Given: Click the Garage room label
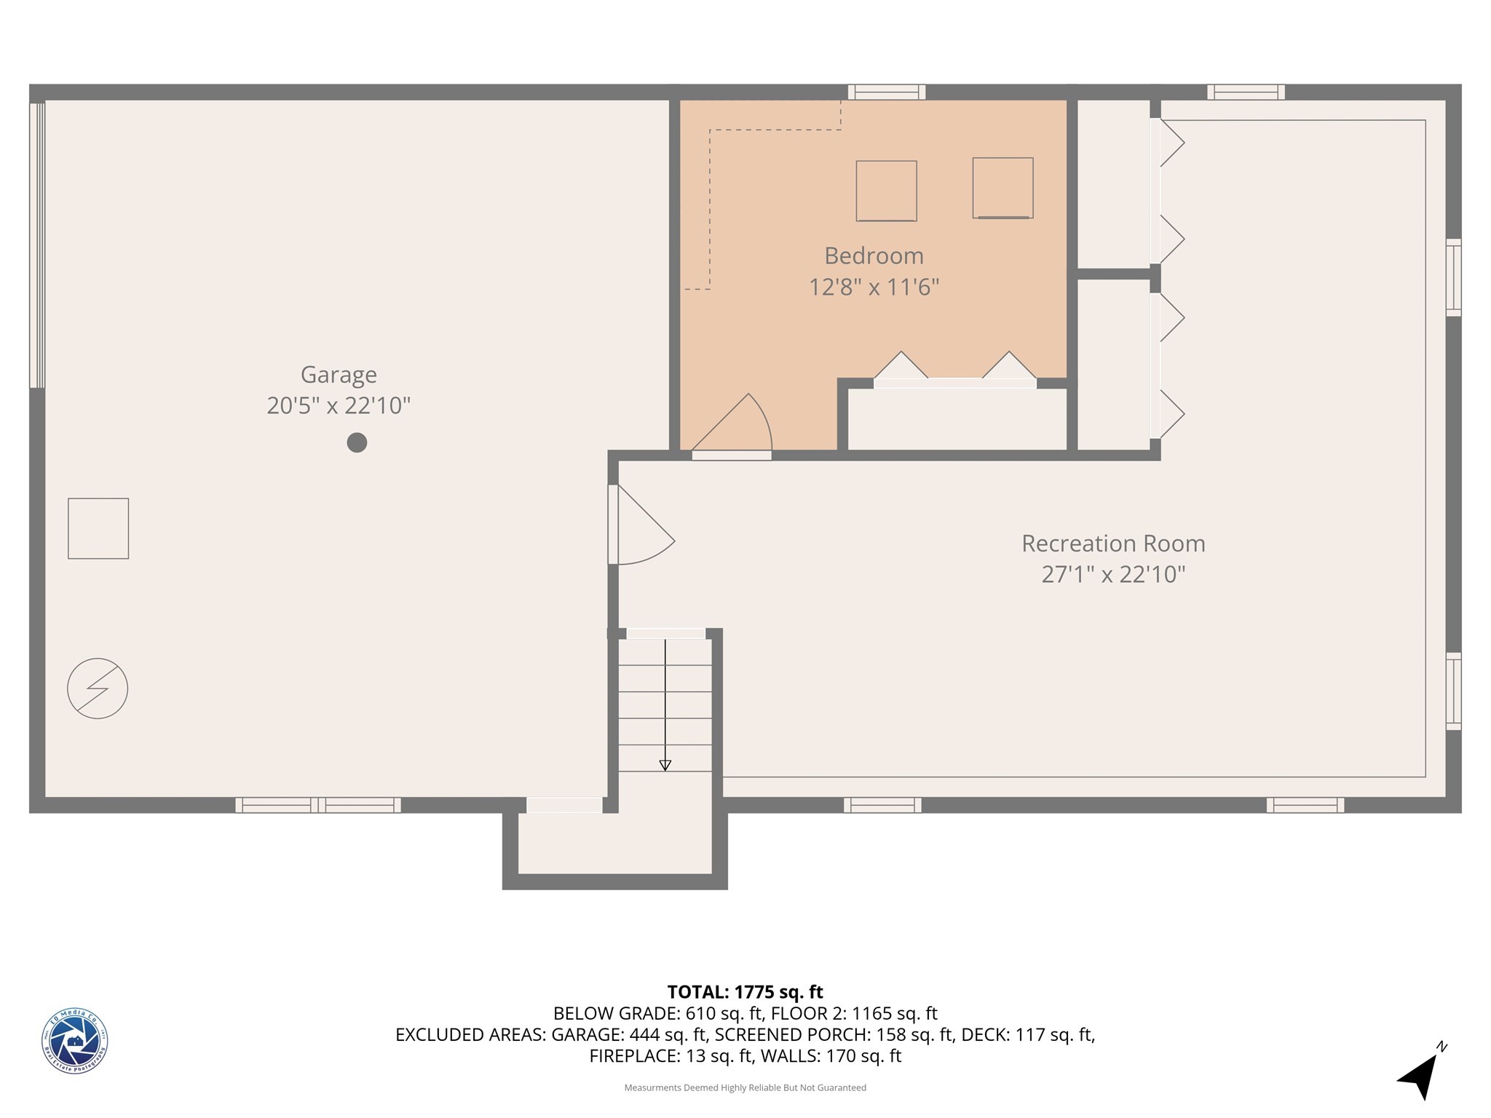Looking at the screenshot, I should pos(339,374).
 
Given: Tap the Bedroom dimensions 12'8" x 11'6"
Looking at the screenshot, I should pos(874,287).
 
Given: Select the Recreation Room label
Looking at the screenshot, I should pos(1112,543).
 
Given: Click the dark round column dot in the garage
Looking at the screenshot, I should pos(357,442).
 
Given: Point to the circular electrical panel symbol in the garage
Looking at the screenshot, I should pos(98,689).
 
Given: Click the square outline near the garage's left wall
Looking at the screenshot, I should pos(98,528).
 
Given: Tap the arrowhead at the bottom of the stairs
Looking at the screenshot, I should pos(665,765).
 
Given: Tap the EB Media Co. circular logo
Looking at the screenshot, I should pos(74,1041).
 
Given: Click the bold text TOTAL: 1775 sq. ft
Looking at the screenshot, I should pos(745,992).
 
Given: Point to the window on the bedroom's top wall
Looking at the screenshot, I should pos(886,92).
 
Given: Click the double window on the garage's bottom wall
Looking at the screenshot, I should pos(317,805).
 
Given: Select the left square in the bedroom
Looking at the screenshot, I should pos(886,191).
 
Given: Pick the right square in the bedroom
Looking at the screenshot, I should pos(1002,188).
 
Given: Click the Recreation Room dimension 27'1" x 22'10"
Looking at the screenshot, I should pos(1112,574).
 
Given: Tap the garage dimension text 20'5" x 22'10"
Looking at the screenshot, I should pos(339,405).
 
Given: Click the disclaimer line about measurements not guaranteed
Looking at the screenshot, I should pos(745,1087).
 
